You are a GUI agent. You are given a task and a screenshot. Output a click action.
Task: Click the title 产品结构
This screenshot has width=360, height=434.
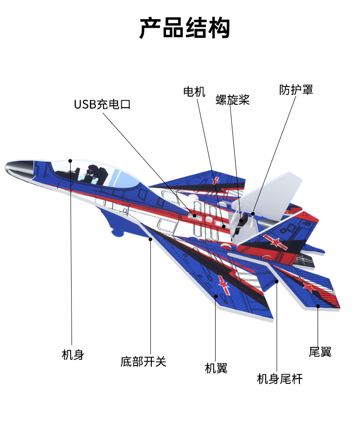point(185,28)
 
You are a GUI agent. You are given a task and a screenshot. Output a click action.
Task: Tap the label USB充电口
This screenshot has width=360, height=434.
point(102,104)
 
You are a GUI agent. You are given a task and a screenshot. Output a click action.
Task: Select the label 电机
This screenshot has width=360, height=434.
point(194,92)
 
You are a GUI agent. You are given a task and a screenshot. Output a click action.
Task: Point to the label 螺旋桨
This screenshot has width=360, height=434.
point(232,100)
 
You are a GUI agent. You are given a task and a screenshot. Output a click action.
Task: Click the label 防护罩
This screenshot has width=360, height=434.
point(296,90)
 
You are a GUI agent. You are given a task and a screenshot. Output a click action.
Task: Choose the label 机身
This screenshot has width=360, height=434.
point(73,355)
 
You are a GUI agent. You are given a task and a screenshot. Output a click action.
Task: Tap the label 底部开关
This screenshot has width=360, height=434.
point(144,362)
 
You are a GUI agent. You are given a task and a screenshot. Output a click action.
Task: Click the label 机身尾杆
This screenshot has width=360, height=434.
point(280,379)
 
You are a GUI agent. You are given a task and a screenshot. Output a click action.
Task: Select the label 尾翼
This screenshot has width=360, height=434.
point(320,352)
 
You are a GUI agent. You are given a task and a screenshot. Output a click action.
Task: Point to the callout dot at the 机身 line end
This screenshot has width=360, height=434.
point(70,160)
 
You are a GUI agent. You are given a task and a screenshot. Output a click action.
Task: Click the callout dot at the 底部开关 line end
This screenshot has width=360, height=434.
point(150,238)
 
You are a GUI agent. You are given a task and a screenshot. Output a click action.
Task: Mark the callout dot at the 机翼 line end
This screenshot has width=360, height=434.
point(216,296)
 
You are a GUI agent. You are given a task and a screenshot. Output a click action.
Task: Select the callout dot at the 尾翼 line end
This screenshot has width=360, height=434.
point(318,306)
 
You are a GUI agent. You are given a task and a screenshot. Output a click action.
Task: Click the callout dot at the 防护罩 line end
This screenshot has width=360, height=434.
point(252,213)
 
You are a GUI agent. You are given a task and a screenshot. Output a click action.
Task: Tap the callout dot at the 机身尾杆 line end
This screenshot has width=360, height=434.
point(277,282)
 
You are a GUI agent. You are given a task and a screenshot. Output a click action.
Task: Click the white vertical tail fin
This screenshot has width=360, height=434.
point(278,191)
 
